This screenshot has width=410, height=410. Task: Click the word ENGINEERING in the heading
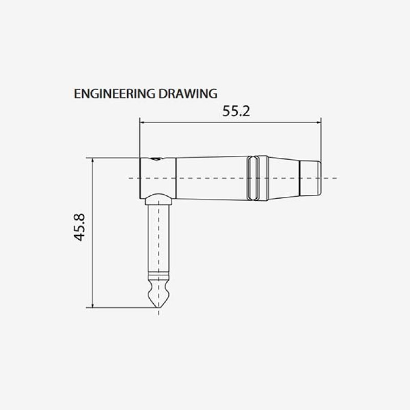click(114, 94)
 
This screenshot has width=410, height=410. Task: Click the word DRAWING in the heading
click(188, 94)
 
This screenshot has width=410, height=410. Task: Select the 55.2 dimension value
click(236, 111)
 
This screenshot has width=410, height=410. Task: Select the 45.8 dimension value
click(79, 227)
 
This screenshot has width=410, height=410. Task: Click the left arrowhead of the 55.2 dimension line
click(142, 122)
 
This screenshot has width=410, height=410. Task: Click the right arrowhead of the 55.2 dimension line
click(318, 122)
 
